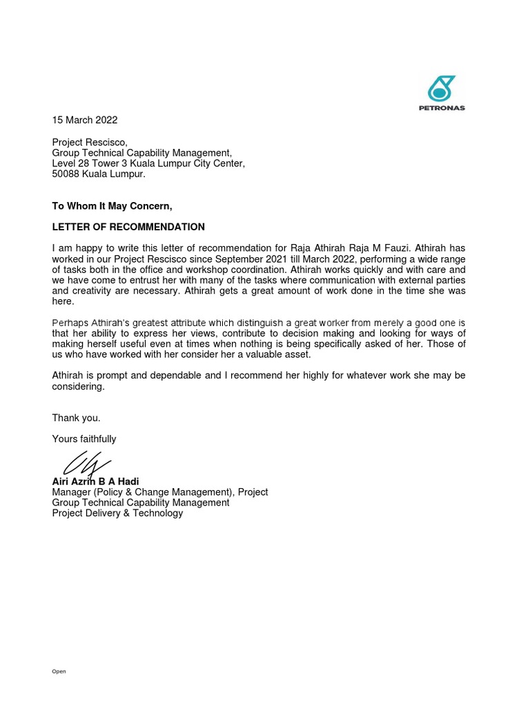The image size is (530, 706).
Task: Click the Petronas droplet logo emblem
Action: click(442, 89)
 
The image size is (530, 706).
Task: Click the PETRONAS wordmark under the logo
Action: click(442, 108)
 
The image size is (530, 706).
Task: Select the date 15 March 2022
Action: click(85, 120)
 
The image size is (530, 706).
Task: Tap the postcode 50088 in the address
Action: click(66, 174)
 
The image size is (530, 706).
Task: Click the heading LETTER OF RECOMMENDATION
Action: click(128, 227)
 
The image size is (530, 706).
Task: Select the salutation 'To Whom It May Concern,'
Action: click(112, 206)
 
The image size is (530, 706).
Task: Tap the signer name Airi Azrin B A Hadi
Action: click(95, 481)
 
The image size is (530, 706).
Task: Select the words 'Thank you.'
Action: click(76, 418)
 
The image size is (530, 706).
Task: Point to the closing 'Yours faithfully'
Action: click(84, 439)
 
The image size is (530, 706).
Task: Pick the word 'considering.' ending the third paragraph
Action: click(78, 387)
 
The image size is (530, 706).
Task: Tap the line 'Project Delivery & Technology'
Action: click(117, 514)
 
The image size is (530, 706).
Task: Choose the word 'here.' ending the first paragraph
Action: click(63, 302)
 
